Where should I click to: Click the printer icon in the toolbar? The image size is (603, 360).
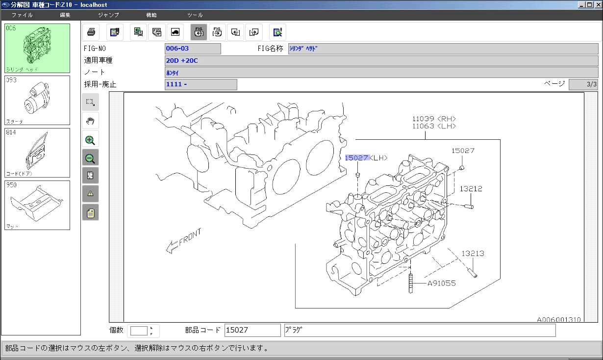(x=91, y=32)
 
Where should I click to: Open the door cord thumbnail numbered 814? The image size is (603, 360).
(x=37, y=153)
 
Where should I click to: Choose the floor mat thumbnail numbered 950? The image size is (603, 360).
(x=37, y=205)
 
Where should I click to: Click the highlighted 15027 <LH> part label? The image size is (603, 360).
(x=366, y=157)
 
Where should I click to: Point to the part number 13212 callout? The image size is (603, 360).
(x=471, y=189)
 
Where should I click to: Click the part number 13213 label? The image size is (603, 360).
(x=473, y=254)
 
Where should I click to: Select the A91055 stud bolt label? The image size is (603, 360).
(x=441, y=283)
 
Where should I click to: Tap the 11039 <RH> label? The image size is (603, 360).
(x=434, y=119)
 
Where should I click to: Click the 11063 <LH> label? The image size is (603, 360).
(x=434, y=126)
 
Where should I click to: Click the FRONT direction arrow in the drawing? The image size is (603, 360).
(x=184, y=242)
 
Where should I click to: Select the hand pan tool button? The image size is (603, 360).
(x=90, y=121)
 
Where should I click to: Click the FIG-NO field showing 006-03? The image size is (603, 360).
(x=193, y=49)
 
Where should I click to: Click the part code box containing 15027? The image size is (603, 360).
(x=252, y=330)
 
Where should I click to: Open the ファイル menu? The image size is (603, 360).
(x=22, y=15)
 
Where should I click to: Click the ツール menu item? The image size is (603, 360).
(x=195, y=15)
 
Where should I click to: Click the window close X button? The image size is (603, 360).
(x=597, y=4)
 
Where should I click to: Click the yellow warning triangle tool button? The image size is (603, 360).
(x=90, y=194)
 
